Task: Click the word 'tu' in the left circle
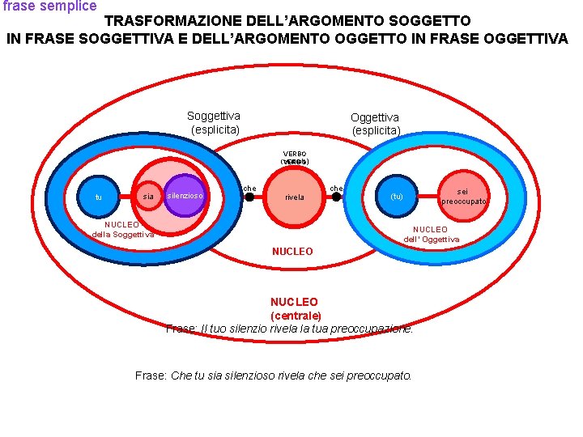(98, 197)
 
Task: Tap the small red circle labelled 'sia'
(147, 196)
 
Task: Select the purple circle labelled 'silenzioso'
(185, 195)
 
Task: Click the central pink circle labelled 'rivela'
(294, 197)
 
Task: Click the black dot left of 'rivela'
(250, 197)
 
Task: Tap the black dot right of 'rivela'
(337, 196)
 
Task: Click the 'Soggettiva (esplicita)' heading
(214, 122)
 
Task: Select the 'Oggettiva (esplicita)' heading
(375, 124)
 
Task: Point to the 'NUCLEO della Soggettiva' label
(122, 229)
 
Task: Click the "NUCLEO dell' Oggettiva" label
(431, 234)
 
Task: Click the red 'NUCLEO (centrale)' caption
(294, 308)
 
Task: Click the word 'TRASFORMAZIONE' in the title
(169, 20)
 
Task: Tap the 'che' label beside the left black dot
(249, 189)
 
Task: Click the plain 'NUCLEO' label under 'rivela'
(292, 252)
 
